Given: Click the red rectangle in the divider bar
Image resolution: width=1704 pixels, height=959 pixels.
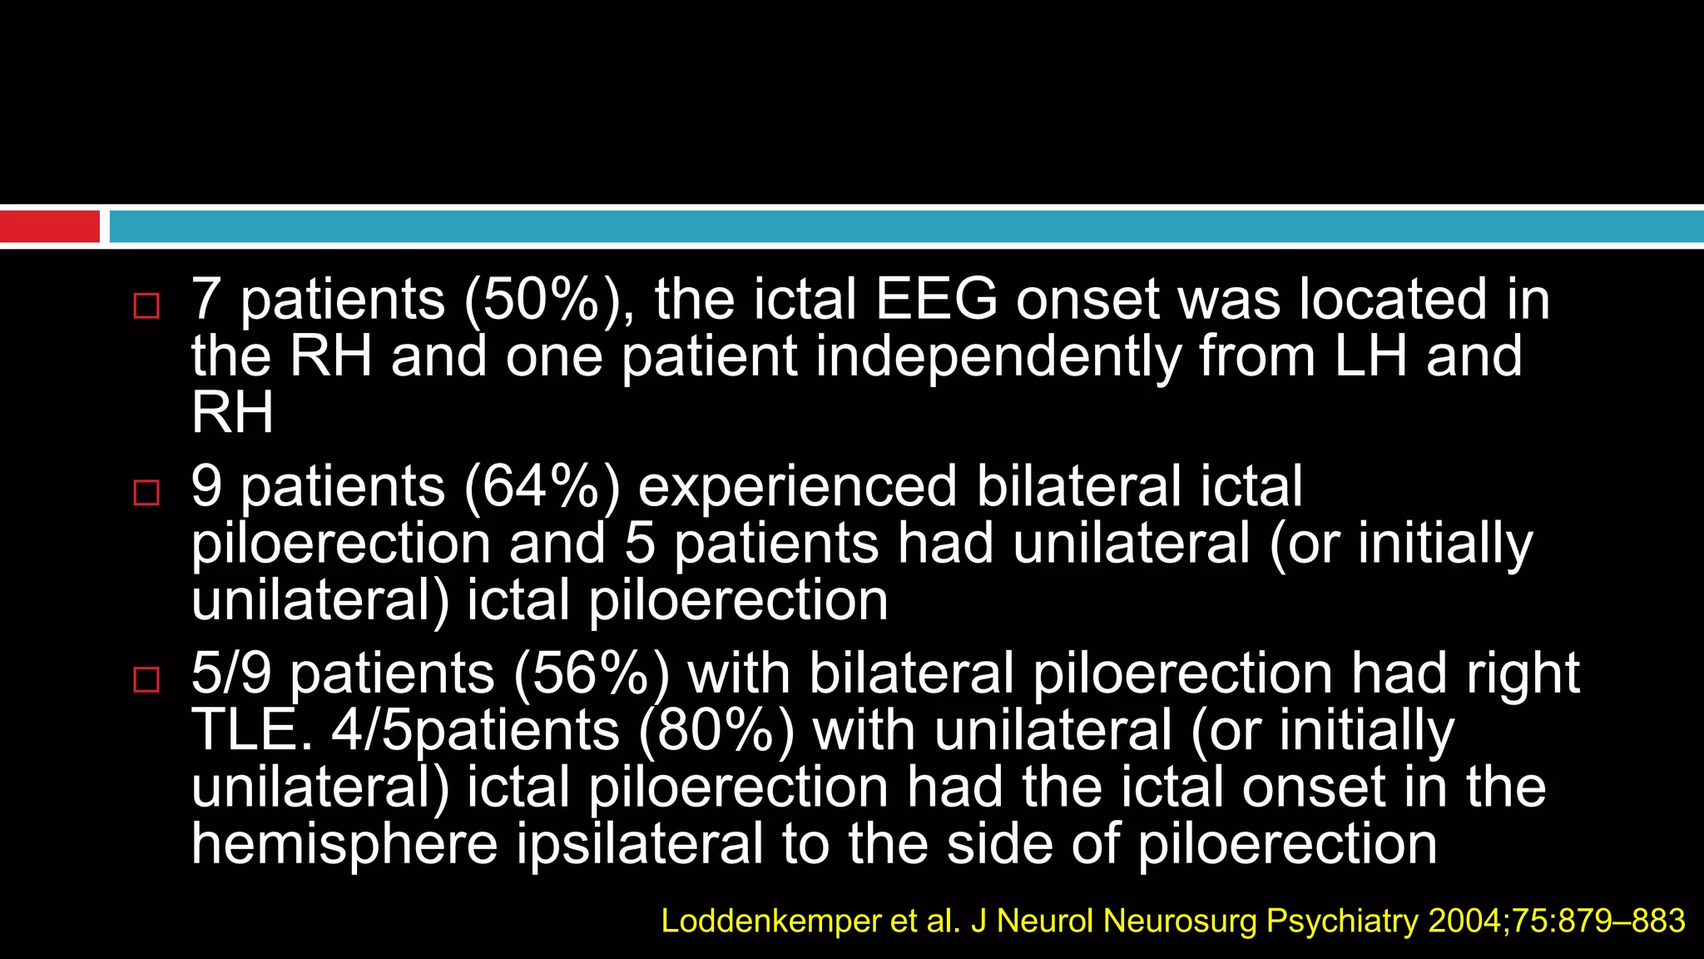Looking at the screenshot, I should [50, 226].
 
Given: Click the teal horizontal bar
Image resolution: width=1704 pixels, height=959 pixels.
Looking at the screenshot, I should [905, 226].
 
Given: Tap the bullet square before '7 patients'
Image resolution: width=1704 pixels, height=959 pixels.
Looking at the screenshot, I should [146, 306].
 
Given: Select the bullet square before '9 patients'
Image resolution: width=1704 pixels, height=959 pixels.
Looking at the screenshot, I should [146, 493].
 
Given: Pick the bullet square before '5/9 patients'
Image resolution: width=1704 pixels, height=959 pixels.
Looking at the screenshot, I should [146, 679].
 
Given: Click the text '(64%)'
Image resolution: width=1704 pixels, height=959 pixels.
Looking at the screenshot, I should [542, 487].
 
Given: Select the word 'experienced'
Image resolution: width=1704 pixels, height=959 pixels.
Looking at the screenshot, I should [797, 487].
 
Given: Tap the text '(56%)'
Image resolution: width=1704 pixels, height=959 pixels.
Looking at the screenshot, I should [592, 673].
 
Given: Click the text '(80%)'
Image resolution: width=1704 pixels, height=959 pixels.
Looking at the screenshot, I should [716, 730].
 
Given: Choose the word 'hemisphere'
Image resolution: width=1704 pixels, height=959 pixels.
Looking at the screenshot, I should [344, 843].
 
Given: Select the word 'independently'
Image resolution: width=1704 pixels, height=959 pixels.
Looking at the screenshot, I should [998, 356].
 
